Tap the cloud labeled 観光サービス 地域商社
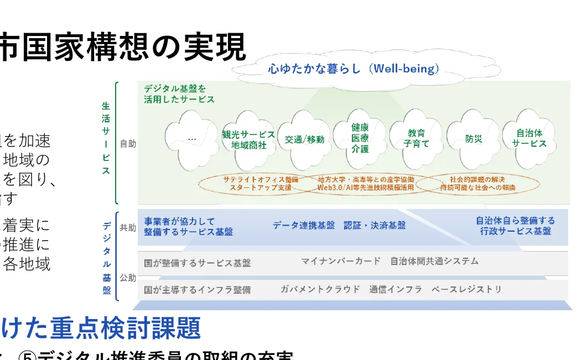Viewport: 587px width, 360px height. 248,140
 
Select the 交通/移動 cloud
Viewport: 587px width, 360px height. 304,140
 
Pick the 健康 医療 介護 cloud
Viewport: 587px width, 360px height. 360,138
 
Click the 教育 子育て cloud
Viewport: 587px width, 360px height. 416,138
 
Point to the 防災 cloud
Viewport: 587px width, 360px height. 474,139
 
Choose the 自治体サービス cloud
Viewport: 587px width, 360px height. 529,138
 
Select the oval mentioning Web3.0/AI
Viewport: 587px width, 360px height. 366,184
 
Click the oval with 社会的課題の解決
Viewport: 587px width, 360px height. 477,184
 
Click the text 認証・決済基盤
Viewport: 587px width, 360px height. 375,226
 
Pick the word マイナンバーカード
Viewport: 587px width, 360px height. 341,261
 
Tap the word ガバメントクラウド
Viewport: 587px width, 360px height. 320,289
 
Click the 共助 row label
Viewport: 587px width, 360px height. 128,227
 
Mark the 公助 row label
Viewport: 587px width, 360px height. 128,278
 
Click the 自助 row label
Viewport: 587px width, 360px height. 128,144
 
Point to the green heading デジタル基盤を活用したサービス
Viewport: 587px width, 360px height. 179,94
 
